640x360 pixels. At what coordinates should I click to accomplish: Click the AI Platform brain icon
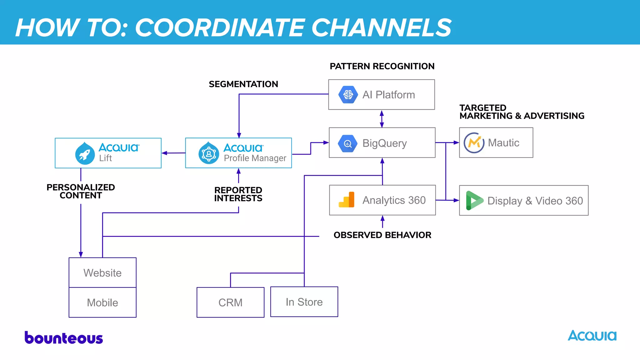348,94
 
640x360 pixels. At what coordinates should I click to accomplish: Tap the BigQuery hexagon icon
347,143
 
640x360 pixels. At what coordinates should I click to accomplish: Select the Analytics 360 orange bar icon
347,200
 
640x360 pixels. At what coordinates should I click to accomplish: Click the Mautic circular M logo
474,142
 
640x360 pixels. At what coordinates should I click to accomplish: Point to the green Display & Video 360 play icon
474,200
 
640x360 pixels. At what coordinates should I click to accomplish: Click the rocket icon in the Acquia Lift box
85,153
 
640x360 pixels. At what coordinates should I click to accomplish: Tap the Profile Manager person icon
209,153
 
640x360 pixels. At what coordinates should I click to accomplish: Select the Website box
102,272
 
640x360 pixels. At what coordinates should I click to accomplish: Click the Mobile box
102,302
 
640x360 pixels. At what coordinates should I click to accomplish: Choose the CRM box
230,302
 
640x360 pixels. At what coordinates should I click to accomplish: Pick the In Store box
304,302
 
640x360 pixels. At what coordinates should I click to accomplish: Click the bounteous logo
64,338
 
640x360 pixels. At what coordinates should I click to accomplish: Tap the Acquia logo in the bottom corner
592,336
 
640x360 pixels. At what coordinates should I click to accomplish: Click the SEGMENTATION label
243,84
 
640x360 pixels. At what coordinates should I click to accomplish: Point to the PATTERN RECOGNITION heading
382,66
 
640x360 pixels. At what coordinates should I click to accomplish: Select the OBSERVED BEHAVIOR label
382,235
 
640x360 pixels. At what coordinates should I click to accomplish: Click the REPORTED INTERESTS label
238,194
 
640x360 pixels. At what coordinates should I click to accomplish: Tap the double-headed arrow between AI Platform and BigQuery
382,119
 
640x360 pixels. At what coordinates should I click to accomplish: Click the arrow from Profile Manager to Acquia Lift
173,153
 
